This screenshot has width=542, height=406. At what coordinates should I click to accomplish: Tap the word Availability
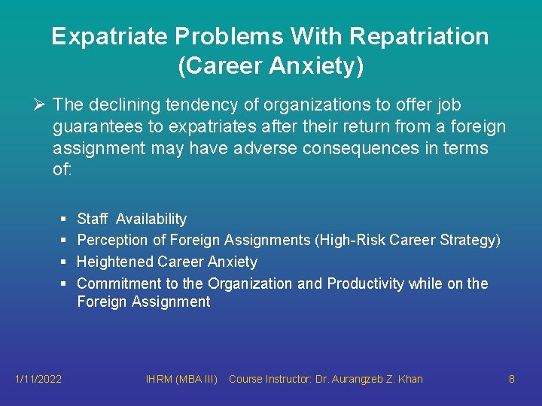click(151, 219)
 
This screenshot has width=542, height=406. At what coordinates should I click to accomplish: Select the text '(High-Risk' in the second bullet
click(352, 241)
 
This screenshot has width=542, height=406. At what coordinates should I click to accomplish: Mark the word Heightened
click(115, 262)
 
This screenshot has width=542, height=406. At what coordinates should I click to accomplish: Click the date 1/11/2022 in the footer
click(38, 379)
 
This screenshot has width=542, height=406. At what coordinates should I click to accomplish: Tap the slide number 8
click(511, 379)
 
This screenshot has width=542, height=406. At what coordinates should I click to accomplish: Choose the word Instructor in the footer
click(290, 379)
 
